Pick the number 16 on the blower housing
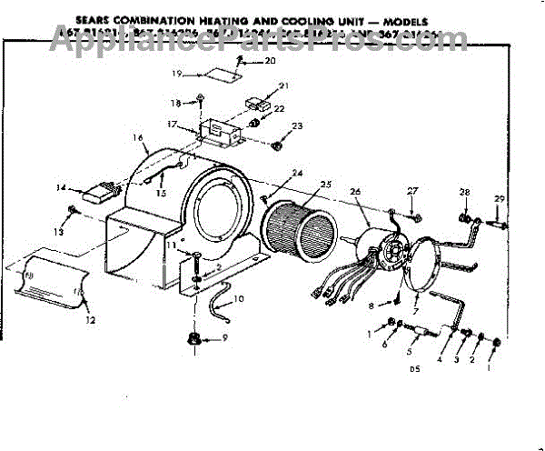coord(138,138)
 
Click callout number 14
coord(62,188)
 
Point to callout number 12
coord(90,320)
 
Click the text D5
coord(415,370)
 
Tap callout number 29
coord(498,199)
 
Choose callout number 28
coord(464,192)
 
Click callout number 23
coord(297,125)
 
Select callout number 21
coord(282,85)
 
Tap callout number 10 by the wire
coord(238,298)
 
